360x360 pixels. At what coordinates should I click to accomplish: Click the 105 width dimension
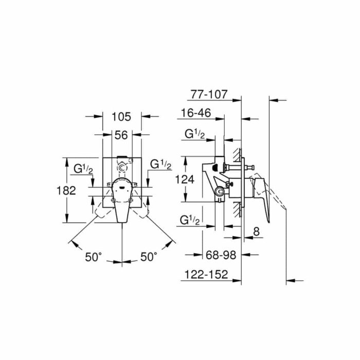121,116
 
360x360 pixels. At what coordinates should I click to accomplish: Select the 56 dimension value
121,135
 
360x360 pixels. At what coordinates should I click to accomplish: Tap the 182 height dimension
67,190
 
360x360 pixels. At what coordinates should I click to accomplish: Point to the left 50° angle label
94,256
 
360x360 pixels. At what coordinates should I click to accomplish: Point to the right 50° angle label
149,256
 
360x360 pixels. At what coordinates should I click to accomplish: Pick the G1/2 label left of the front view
82,168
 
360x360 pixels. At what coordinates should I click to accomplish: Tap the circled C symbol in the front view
122,168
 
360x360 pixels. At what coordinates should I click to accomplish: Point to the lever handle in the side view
263,190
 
